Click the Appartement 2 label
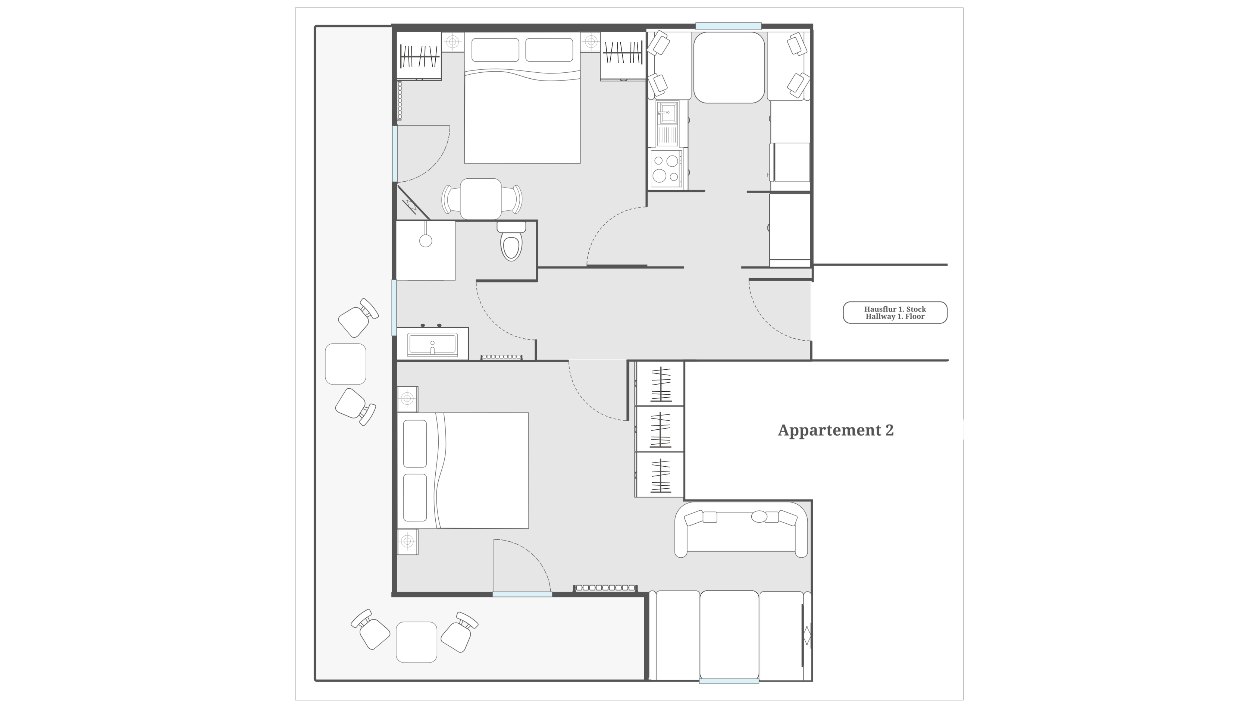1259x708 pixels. coord(835,430)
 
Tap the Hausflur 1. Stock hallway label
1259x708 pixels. coord(895,309)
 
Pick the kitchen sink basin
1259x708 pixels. coord(667,113)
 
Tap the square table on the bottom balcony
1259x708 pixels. coord(416,642)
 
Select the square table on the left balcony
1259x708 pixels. coord(345,364)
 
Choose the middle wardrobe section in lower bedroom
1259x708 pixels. coord(659,429)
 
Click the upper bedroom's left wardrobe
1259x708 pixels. coord(419,56)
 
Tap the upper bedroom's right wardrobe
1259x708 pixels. coord(623,56)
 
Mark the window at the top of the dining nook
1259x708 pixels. coord(728,26)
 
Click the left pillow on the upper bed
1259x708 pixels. coord(495,50)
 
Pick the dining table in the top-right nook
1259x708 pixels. coord(729,68)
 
